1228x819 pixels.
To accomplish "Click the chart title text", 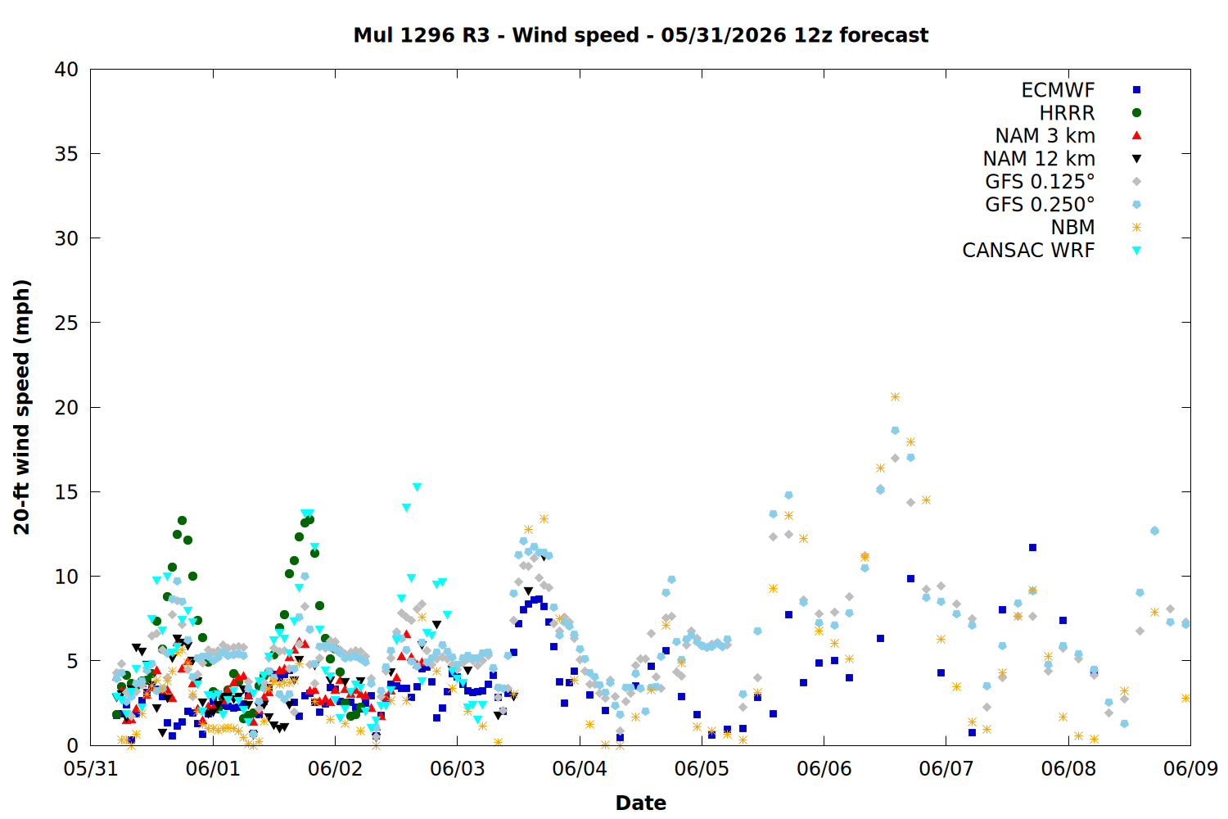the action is coord(640,35).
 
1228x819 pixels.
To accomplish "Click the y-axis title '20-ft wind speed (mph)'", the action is coord(22,407).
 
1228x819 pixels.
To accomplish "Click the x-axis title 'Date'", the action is coord(640,803).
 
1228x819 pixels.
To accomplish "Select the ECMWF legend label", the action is coord(1058,90).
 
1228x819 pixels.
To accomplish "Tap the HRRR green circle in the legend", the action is coord(1136,113).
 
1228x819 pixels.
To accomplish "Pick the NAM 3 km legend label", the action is coord(1045,135).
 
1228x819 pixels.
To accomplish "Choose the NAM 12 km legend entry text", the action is coord(1039,159).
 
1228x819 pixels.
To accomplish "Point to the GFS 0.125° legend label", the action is coord(1040,182).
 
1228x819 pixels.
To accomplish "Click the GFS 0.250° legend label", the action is coord(1040,205).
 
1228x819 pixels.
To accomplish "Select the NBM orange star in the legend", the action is coord(1136,227).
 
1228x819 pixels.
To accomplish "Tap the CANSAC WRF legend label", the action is coord(1028,250).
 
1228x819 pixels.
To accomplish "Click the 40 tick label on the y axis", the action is coord(66,70).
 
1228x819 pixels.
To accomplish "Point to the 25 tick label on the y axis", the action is coord(66,324).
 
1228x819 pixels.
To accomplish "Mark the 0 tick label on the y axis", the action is coord(72,745).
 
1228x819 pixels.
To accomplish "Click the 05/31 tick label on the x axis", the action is coord(90,768).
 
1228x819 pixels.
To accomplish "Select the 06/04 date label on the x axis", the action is coord(580,768).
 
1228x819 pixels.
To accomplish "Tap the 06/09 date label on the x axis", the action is coord(1190,768).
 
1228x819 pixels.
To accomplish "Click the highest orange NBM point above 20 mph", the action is coord(895,396).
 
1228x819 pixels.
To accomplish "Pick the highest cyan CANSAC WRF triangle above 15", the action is coord(417,487).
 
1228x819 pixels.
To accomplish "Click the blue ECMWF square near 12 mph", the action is coord(1032,547).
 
